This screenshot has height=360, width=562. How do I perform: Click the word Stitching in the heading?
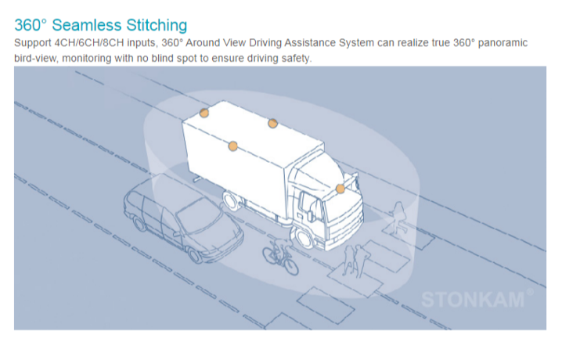click(x=157, y=25)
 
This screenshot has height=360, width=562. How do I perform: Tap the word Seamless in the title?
click(x=86, y=25)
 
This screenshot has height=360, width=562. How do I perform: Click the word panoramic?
click(x=503, y=43)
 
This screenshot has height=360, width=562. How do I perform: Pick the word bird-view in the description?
click(x=35, y=58)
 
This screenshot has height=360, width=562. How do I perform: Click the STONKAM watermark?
click(x=473, y=300)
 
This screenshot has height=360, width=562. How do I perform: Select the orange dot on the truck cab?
click(x=340, y=189)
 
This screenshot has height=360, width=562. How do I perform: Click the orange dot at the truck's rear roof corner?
click(x=204, y=113)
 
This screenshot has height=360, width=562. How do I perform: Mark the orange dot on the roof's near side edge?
click(x=232, y=146)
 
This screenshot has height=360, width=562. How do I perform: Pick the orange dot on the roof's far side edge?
click(x=272, y=123)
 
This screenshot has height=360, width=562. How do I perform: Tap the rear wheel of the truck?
click(x=231, y=200)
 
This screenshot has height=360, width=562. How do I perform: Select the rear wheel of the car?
click(x=139, y=224)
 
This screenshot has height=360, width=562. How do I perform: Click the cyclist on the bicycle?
click(x=280, y=256)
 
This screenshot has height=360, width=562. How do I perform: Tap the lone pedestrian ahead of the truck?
click(x=398, y=218)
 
